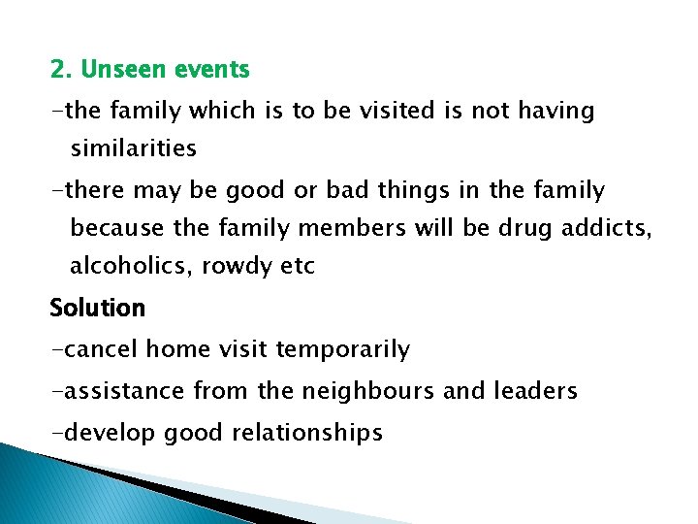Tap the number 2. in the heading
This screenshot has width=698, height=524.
click(x=62, y=70)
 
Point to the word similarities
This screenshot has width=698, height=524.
click(x=133, y=148)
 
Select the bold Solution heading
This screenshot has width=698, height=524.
click(x=97, y=309)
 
